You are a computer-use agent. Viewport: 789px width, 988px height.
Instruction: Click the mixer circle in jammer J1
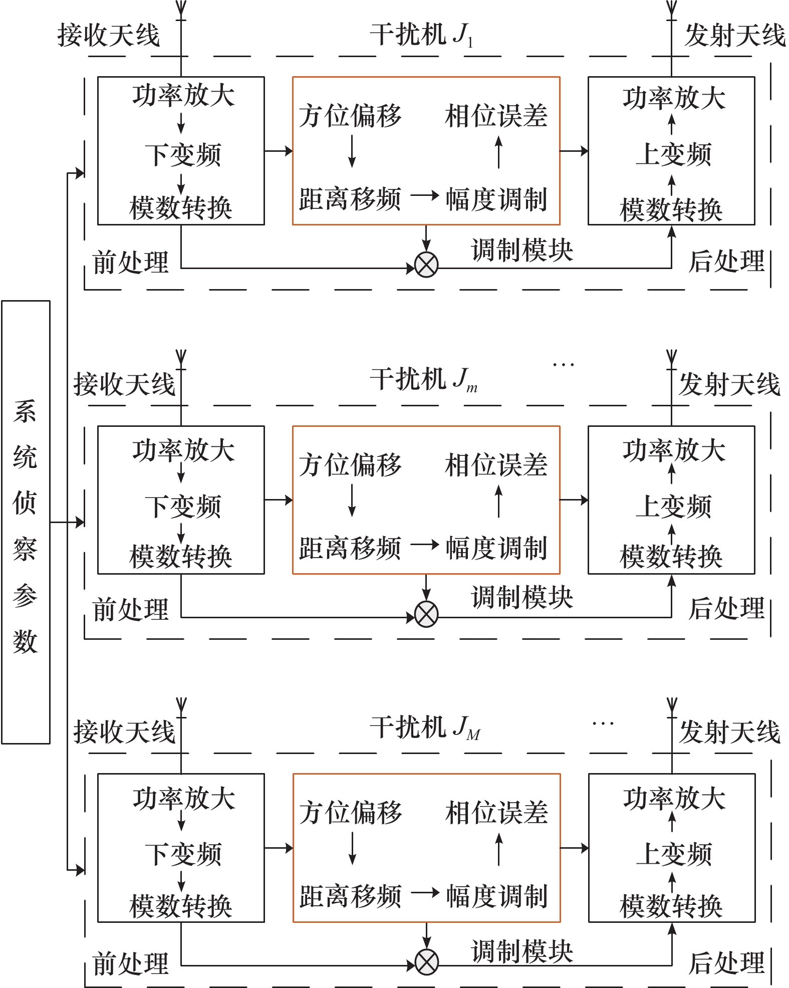click(x=426, y=265)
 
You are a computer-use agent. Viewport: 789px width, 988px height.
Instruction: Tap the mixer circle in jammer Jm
click(x=426, y=614)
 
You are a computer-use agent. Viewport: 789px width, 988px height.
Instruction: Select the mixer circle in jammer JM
click(x=426, y=962)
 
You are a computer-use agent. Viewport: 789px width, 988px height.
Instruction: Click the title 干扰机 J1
click(x=422, y=36)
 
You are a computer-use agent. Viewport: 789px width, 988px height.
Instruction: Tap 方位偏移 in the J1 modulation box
click(x=350, y=116)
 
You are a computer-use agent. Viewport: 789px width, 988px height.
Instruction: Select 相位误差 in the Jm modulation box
click(x=496, y=465)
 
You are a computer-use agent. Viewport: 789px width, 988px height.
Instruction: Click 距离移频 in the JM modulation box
click(x=350, y=896)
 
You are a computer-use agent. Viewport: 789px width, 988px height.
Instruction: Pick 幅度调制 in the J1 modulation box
click(x=496, y=199)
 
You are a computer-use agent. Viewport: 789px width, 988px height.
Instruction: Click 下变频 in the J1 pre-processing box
click(x=183, y=155)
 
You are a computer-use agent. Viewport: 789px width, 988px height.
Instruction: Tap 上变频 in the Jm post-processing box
click(x=673, y=506)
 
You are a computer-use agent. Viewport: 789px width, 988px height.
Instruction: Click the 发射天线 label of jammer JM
click(x=729, y=732)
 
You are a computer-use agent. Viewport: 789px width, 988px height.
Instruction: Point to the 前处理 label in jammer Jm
click(x=131, y=610)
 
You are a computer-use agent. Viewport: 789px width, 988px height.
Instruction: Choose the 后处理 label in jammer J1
click(x=726, y=261)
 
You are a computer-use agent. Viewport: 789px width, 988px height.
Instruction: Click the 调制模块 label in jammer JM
click(x=522, y=950)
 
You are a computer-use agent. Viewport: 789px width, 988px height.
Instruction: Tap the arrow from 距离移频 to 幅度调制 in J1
click(x=425, y=195)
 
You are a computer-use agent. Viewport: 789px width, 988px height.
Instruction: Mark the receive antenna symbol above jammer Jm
click(x=181, y=360)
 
